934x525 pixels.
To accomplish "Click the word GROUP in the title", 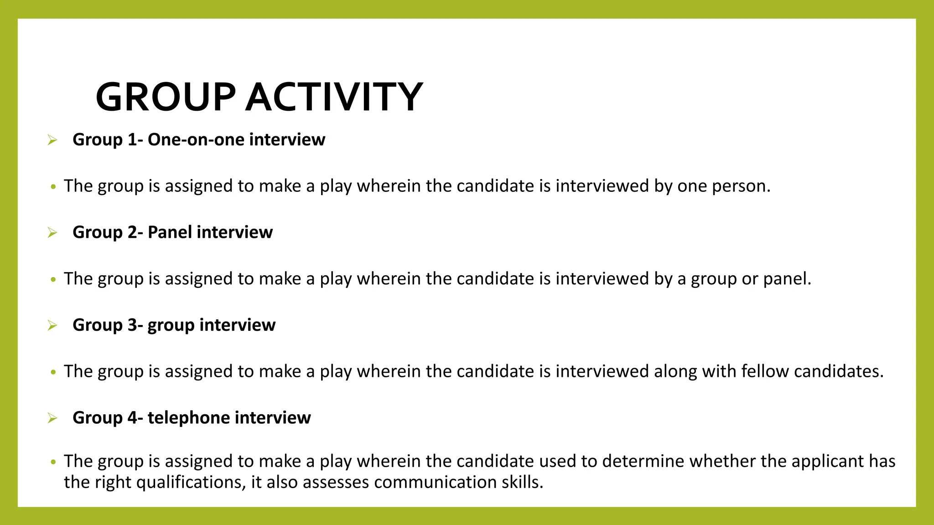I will click(x=165, y=97).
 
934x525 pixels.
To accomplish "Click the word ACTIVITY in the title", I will click(x=334, y=97).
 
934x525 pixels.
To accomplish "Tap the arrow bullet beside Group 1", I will click(x=52, y=140).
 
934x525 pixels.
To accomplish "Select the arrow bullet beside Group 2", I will click(x=52, y=233).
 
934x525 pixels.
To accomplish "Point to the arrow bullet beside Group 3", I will click(x=52, y=325).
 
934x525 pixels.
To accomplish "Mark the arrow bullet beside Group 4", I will click(x=52, y=418).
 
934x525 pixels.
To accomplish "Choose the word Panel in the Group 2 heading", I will click(x=170, y=232).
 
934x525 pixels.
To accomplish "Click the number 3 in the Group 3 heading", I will click(x=132, y=325).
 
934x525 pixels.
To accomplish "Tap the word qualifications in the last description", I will click(x=191, y=483).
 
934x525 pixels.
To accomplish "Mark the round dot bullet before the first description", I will click(x=53, y=187).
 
